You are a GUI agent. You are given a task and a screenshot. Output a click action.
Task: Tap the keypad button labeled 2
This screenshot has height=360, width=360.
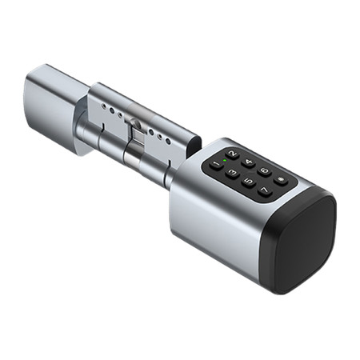(233, 154)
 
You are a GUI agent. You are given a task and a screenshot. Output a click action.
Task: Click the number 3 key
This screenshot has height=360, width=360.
(232, 173)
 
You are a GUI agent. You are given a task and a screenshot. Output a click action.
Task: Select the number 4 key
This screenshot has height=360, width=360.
(248, 162)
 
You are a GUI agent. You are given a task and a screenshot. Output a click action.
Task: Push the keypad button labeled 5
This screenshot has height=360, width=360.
(249, 182)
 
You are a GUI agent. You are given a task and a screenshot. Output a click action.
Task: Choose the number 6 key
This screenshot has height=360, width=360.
(265, 171)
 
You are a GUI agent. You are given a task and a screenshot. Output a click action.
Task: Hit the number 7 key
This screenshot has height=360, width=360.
(265, 190)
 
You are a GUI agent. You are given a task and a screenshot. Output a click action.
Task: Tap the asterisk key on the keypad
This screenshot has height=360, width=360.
(281, 181)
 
